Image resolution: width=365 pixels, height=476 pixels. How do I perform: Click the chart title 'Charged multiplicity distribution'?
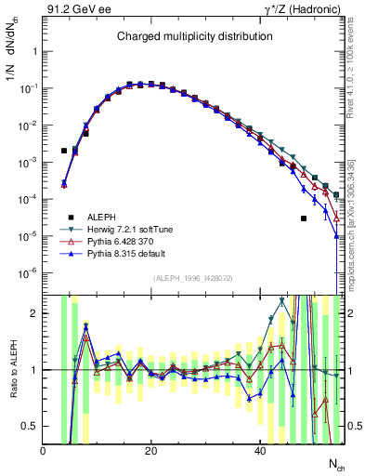[x=194, y=36]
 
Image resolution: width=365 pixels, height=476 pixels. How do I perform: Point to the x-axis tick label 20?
[x=150, y=452]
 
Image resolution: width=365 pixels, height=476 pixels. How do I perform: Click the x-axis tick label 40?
[x=258, y=452]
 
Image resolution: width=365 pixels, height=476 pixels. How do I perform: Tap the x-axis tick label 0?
[x=43, y=452]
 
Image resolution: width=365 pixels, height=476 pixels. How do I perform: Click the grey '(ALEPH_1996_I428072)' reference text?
[x=193, y=279]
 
